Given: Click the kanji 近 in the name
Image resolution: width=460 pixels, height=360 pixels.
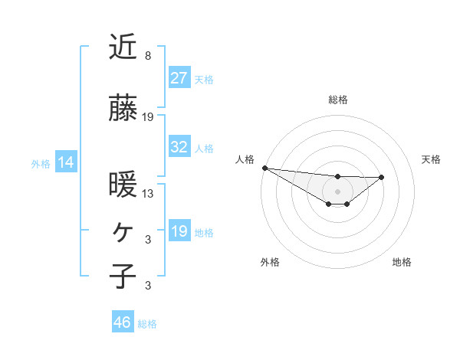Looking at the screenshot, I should pyautogui.click(x=123, y=47).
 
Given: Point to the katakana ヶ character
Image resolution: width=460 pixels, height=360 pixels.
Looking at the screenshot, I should pyautogui.click(x=123, y=230).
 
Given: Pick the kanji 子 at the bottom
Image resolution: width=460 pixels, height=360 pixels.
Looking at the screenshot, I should pyautogui.click(x=123, y=276).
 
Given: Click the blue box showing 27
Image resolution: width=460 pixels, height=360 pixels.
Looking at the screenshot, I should pyautogui.click(x=179, y=77).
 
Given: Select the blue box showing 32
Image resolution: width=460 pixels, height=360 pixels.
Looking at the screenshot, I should pyautogui.click(x=179, y=147).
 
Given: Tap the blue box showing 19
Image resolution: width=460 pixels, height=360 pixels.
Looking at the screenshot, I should pyautogui.click(x=179, y=231).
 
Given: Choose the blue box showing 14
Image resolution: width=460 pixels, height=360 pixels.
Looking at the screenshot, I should pyautogui.click(x=65, y=162).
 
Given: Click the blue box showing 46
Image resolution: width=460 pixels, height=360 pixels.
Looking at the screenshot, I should pyautogui.click(x=123, y=322).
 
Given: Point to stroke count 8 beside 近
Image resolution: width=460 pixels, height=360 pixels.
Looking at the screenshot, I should pyautogui.click(x=148, y=55).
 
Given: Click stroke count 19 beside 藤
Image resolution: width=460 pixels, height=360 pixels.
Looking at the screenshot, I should pyautogui.click(x=148, y=117).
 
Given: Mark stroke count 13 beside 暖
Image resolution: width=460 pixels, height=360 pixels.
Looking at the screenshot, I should pyautogui.click(x=148, y=194).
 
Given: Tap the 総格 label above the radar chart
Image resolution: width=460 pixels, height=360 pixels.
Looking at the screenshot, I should pyautogui.click(x=338, y=100).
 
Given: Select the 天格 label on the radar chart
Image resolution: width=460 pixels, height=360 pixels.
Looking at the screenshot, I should pyautogui.click(x=431, y=159).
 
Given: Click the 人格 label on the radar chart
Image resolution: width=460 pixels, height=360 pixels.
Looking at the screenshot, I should pyautogui.click(x=245, y=159).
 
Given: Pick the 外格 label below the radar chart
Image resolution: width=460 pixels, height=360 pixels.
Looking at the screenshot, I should pyautogui.click(x=270, y=262).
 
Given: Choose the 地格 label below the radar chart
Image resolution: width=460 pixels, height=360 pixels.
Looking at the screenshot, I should pyautogui.click(x=402, y=262).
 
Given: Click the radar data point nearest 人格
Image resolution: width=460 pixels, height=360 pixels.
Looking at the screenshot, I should pyautogui.click(x=264, y=168).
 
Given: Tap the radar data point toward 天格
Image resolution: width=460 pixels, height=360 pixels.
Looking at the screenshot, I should pyautogui.click(x=382, y=177).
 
